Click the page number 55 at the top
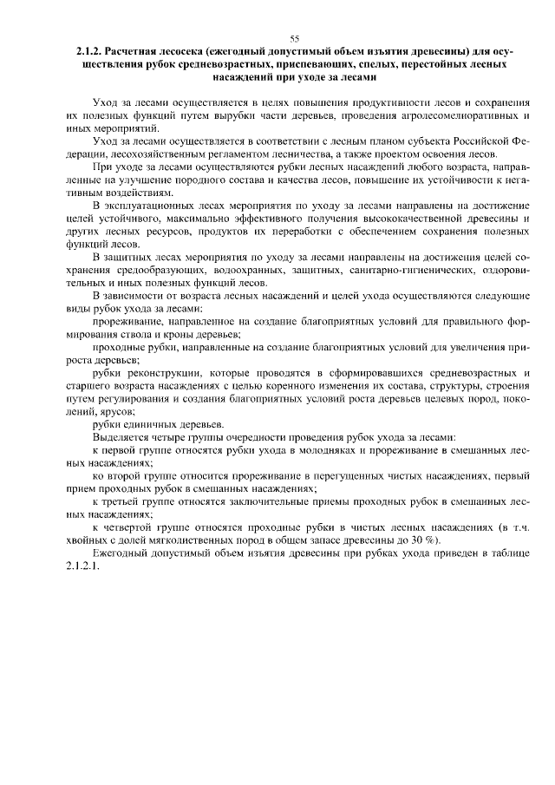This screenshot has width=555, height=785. pos(294,39)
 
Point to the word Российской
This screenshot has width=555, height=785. pos(473,139)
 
